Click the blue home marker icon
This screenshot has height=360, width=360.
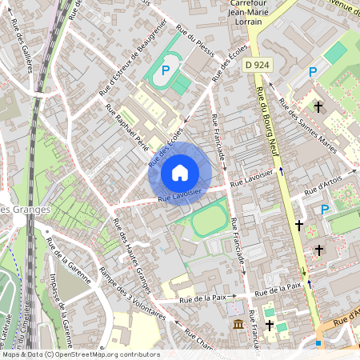(180, 172)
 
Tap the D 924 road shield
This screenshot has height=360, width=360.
(256, 64)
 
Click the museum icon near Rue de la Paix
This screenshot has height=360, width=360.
(238, 324)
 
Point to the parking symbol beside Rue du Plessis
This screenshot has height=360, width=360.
(166, 70)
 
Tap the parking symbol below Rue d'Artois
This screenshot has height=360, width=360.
(325, 210)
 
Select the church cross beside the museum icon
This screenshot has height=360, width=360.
(270, 326)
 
